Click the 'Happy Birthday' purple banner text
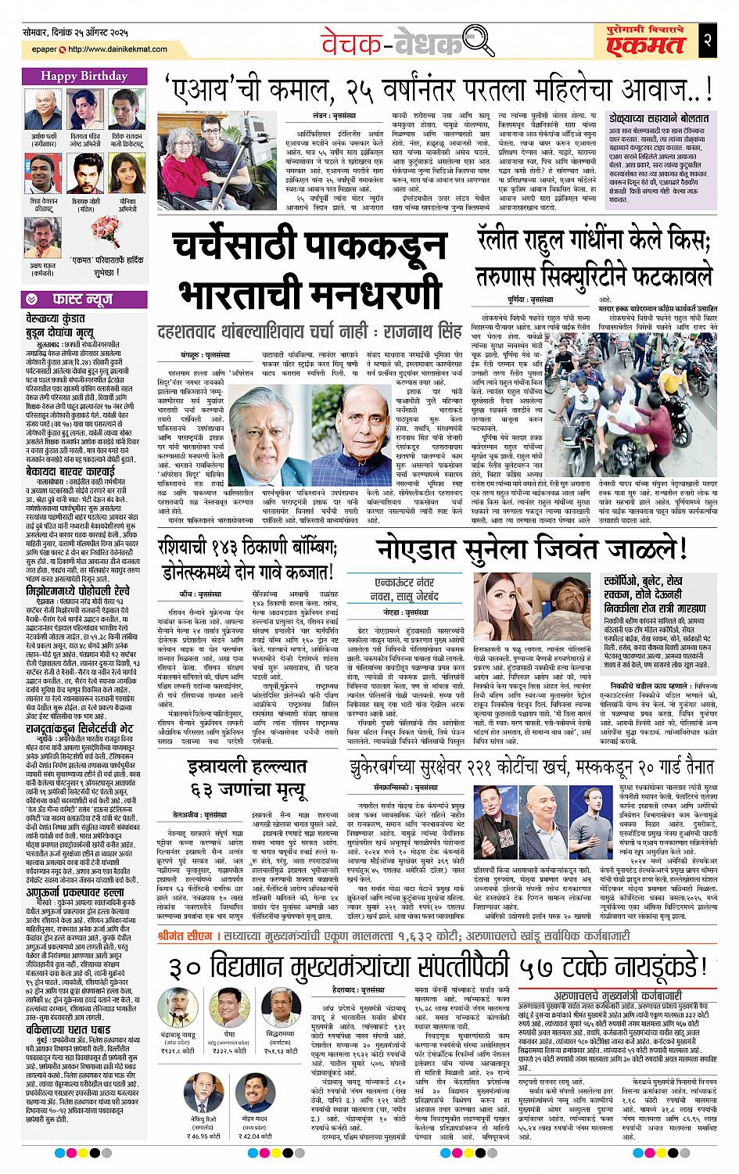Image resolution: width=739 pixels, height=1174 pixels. pyautogui.click(x=81, y=77)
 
